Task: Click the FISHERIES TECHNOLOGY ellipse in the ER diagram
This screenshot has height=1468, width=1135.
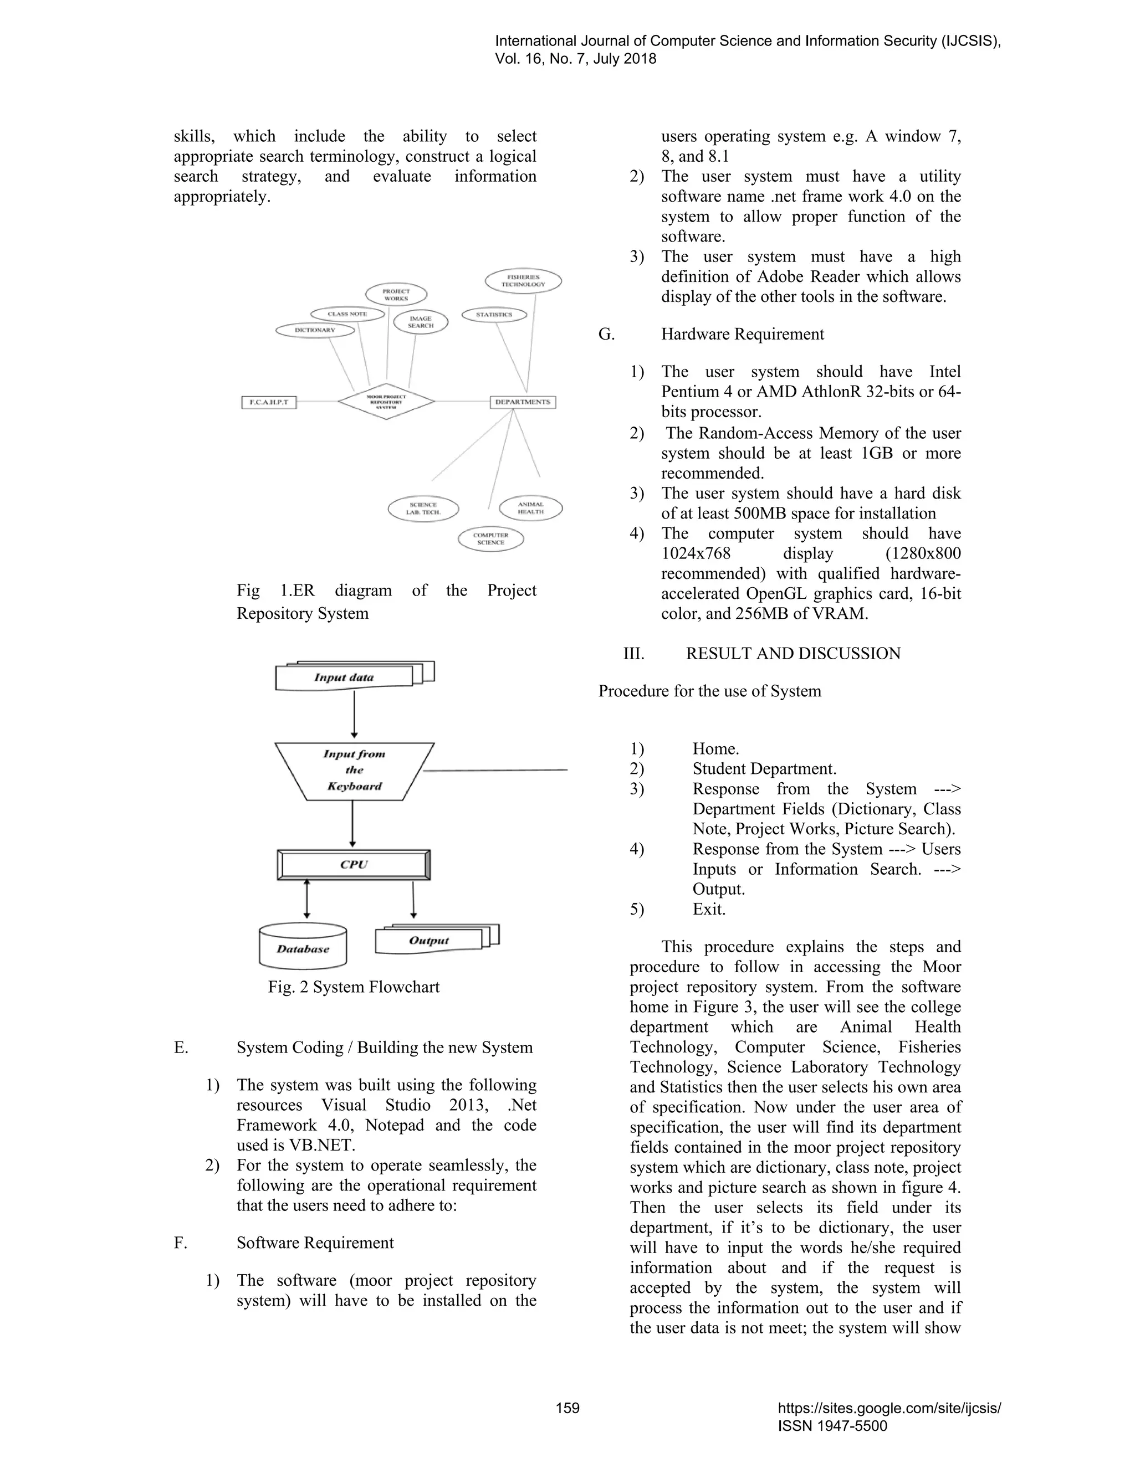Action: (x=523, y=281)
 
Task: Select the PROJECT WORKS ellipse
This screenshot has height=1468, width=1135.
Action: (x=396, y=294)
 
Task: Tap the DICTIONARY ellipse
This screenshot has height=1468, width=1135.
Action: (x=315, y=330)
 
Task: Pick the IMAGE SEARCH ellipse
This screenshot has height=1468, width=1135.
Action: (x=420, y=322)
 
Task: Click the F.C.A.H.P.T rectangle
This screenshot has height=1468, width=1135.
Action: (x=269, y=402)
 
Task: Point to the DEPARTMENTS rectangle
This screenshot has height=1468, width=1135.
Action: (x=523, y=402)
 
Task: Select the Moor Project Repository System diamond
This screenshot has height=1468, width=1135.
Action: (x=386, y=402)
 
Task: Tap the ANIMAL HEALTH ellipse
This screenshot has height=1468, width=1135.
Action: (x=530, y=508)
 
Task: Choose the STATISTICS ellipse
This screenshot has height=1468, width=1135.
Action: (x=494, y=315)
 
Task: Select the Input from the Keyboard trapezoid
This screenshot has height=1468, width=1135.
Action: (x=354, y=771)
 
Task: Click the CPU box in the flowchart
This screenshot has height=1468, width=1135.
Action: (x=354, y=864)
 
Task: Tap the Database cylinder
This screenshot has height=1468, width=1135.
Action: (x=303, y=948)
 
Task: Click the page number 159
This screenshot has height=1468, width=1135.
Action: (x=567, y=1408)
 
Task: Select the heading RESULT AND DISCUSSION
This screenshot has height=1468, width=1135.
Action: (x=792, y=653)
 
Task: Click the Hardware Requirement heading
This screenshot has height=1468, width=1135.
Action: (x=742, y=334)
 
